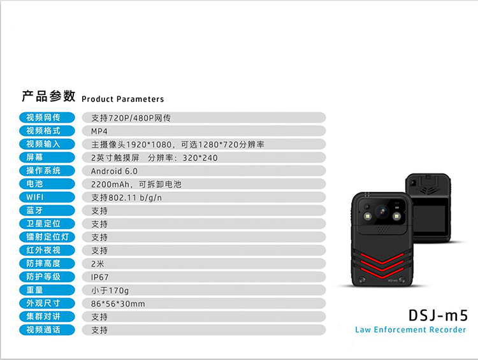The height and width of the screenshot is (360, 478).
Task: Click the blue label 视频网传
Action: point(47,118)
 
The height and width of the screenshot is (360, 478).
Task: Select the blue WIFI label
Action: point(47,198)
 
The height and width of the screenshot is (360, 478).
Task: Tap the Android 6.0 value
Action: point(114,171)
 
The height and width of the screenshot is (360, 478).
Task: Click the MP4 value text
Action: point(99,131)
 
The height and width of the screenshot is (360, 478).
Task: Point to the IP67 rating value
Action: point(99,277)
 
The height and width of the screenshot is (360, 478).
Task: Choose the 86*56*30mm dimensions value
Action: point(118,304)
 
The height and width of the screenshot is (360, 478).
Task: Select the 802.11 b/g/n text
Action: point(135,198)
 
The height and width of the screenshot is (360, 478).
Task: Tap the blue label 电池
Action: point(47,184)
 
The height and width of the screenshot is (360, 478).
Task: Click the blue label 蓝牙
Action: point(47,210)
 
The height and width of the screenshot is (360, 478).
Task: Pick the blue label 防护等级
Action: point(47,277)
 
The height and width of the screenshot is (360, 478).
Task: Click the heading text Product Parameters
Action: point(123,99)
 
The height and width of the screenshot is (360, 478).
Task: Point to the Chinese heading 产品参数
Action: point(48,96)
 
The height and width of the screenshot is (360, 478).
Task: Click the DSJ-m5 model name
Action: point(438,315)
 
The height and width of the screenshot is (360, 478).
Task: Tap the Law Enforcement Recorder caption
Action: point(410,330)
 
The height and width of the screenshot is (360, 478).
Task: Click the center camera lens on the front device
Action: point(382,212)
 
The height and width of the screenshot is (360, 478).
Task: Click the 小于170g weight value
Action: point(110,291)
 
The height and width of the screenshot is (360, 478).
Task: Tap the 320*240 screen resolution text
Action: point(200,158)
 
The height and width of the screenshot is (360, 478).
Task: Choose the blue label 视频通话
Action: point(47,330)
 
